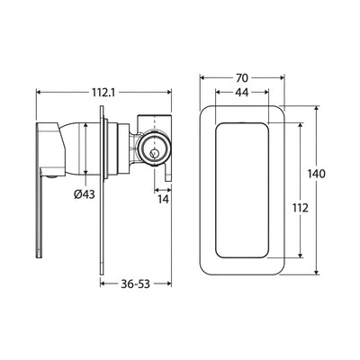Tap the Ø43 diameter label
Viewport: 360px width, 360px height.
click(x=84, y=194)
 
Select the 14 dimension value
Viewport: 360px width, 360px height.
click(x=164, y=199)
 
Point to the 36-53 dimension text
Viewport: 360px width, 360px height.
click(x=135, y=283)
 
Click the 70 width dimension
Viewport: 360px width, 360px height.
click(x=242, y=78)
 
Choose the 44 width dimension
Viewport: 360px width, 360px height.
click(x=241, y=93)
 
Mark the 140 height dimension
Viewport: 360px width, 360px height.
click(x=317, y=174)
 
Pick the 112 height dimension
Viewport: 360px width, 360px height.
click(x=301, y=208)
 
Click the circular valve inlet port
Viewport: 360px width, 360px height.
click(x=155, y=148)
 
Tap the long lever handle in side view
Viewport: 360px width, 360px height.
click(x=40, y=213)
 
